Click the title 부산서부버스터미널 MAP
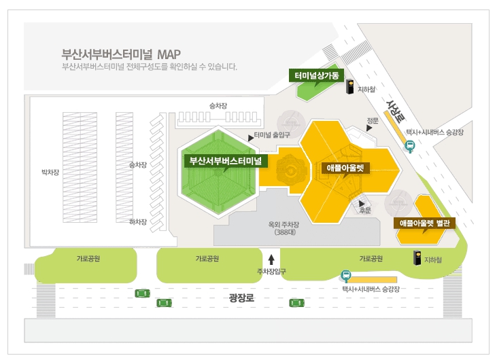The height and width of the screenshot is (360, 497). [x=121, y=54]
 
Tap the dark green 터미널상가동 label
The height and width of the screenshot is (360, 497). [x=317, y=75]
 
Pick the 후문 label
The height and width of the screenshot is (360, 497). [x=365, y=210]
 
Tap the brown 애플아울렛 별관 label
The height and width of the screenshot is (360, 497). [x=425, y=223]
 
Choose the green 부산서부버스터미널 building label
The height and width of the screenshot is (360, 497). [x=227, y=161]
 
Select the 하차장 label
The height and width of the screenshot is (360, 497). [x=137, y=221]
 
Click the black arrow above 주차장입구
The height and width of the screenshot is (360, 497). [x=271, y=259]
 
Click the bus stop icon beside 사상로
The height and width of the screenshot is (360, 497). [x=410, y=145]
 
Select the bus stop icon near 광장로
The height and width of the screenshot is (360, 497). [x=346, y=276]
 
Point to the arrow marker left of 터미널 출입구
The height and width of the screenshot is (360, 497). [x=252, y=137]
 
